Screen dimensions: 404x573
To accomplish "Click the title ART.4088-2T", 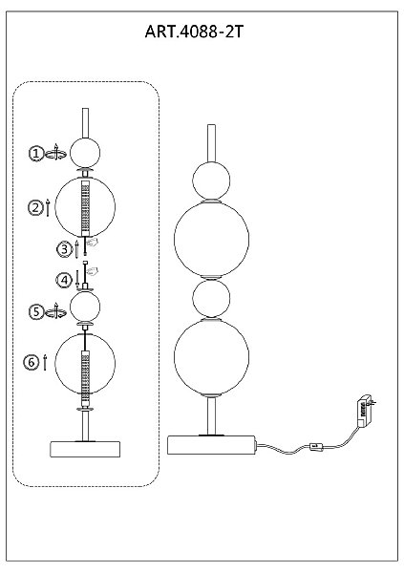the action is point(194,32).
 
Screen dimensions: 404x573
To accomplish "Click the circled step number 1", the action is point(36,154).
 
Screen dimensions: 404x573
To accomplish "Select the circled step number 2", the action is point(35,207).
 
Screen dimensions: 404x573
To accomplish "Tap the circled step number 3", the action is point(64,249).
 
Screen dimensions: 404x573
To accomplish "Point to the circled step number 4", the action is point(64,281).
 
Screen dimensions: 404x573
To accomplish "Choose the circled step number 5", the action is point(36,312).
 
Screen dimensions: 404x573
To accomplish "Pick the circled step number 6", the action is point(32,362).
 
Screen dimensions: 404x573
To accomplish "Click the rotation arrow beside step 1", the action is point(55,153).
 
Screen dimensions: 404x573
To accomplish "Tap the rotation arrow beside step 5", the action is point(55,311).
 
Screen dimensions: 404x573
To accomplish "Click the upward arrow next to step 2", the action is point(48,207).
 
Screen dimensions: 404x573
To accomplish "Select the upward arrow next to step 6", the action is point(45,362).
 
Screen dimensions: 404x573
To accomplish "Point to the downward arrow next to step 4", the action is point(77,280).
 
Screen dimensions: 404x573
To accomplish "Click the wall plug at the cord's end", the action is point(366,409).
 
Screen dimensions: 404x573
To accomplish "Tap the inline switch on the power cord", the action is point(315,446).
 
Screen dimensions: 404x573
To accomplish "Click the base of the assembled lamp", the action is point(211,445).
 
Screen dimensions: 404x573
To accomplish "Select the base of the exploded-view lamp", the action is point(85,449).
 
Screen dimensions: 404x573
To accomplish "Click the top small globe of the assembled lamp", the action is point(211,180).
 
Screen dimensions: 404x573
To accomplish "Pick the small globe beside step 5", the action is point(85,307).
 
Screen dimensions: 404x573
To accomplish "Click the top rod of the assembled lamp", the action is point(211,143).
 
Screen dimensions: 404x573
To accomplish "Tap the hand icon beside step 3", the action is point(93,243).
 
